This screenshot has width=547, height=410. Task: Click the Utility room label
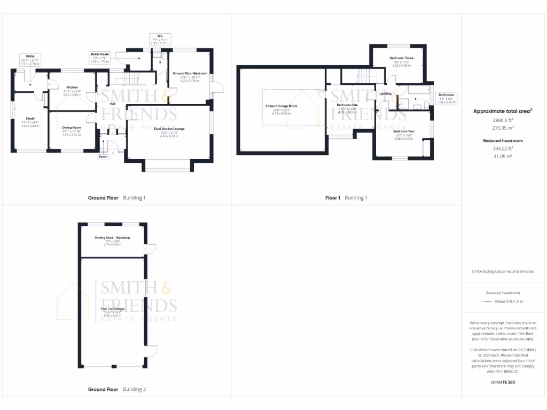tap(30, 56)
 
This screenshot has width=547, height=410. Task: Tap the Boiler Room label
tap(99, 54)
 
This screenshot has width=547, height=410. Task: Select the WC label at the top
tap(159, 36)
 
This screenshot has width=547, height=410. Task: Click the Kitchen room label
tap(72, 87)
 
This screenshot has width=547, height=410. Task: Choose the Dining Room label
tap(72, 128)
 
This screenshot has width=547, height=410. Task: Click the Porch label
tap(103, 157)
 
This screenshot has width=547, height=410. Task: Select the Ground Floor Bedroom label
tap(190, 73)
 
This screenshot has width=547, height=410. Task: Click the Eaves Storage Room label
tap(281, 106)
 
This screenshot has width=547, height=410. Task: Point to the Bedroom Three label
tap(401, 58)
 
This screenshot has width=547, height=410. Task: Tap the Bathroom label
tap(446, 94)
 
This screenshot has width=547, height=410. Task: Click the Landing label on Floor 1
tap(385, 93)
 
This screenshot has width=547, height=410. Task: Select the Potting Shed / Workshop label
tap(113, 238)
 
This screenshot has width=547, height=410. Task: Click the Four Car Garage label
tap(112, 309)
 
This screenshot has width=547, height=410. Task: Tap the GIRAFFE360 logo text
tap(503, 382)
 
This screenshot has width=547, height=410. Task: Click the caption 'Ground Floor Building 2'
tap(116, 390)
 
